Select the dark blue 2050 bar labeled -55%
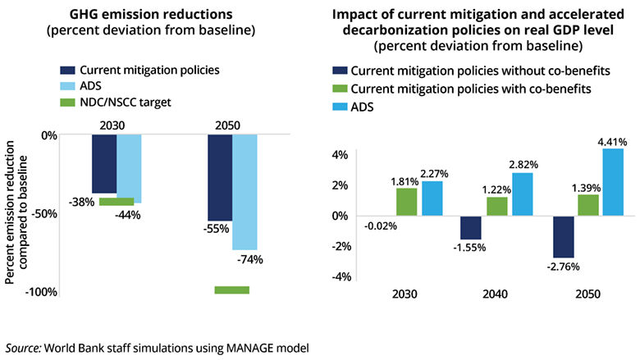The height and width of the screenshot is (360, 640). (219, 177)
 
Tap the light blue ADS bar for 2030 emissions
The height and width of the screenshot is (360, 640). (129, 168)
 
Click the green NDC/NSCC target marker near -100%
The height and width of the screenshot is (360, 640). (231, 289)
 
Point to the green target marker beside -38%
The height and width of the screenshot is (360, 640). (116, 201)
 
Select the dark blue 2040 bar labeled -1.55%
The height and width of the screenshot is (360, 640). (471, 227)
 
